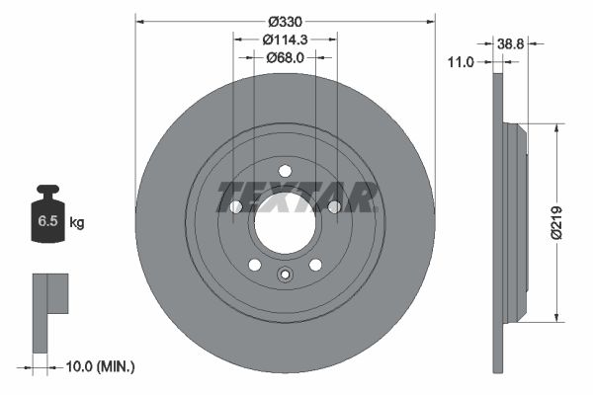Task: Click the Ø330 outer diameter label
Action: [x=286, y=22]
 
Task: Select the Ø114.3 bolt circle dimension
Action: [x=286, y=39]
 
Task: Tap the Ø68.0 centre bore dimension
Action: [x=286, y=57]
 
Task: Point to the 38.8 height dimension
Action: [x=511, y=44]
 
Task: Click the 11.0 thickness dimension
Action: [x=461, y=62]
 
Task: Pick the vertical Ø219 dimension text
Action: [x=556, y=223]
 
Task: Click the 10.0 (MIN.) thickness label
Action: [x=100, y=366]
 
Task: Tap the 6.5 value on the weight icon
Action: [x=47, y=221]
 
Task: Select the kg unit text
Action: [x=77, y=222]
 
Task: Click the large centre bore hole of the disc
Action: [x=286, y=224]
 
